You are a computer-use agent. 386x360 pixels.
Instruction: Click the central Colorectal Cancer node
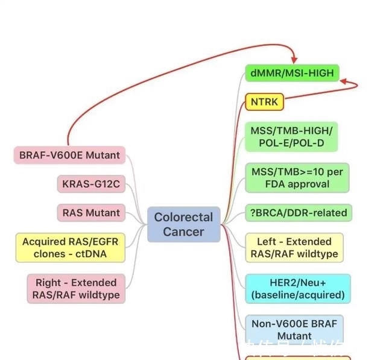pyautogui.click(x=184, y=224)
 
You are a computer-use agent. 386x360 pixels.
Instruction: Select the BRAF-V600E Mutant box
pyautogui.click(x=69, y=155)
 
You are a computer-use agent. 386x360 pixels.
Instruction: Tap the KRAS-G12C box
pyautogui.click(x=91, y=183)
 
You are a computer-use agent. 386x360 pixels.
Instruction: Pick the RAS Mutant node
pyautogui.click(x=91, y=212)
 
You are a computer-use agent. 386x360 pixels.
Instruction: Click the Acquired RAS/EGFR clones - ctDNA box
pyautogui.click(x=70, y=248)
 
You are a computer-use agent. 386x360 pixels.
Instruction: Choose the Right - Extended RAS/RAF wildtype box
pyautogui.click(x=75, y=289)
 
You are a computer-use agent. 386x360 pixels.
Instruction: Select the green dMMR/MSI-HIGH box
pyautogui.click(x=291, y=74)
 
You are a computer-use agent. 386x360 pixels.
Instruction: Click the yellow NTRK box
pyautogui.click(x=264, y=102)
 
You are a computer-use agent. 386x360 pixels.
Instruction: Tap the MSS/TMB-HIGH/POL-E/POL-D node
pyautogui.click(x=291, y=137)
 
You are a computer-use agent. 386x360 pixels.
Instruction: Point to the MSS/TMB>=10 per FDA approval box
pyautogui.click(x=297, y=178)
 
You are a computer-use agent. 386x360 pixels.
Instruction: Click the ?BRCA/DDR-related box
pyautogui.click(x=297, y=213)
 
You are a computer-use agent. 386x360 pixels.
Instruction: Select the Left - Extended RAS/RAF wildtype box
pyautogui.click(x=294, y=248)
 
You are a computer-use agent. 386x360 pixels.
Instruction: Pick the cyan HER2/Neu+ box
pyautogui.click(x=297, y=289)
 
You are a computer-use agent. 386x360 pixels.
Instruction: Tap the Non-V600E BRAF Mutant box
pyautogui.click(x=294, y=329)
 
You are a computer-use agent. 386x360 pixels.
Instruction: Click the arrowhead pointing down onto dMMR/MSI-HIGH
pyautogui.click(x=294, y=60)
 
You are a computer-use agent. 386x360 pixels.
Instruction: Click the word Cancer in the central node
pyautogui.click(x=183, y=232)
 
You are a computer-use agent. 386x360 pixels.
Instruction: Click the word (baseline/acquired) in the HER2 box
pyautogui.click(x=297, y=295)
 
